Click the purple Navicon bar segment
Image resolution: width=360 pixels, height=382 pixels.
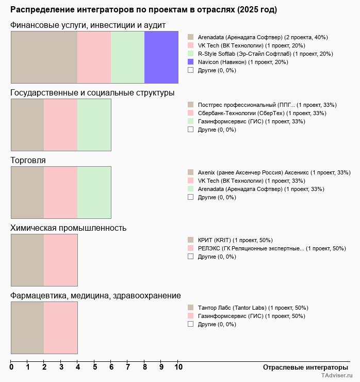(161, 57)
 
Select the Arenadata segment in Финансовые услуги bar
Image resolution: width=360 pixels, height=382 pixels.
(44, 57)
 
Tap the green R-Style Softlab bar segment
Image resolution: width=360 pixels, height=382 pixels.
(127, 57)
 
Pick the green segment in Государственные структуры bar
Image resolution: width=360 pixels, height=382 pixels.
(94, 125)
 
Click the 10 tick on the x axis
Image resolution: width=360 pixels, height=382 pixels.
(177, 367)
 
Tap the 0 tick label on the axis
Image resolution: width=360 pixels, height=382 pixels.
(11, 367)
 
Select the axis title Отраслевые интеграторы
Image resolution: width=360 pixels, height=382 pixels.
(302, 367)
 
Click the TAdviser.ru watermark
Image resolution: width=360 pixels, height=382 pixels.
(337, 376)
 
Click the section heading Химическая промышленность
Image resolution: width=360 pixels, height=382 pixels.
(69, 228)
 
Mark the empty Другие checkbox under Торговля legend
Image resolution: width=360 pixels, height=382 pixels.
(190, 197)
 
